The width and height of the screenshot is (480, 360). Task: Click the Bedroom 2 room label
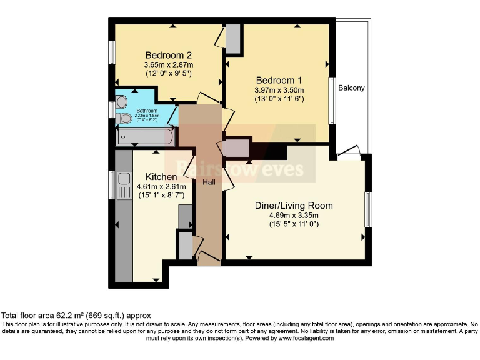pyautogui.click(x=168, y=54)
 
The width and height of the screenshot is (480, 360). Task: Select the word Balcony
pyautogui.click(x=351, y=88)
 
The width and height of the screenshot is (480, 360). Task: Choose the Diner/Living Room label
pyautogui.click(x=294, y=206)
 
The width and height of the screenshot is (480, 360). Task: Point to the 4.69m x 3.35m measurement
pyautogui.click(x=294, y=216)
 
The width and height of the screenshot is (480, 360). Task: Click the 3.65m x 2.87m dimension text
pyautogui.click(x=168, y=65)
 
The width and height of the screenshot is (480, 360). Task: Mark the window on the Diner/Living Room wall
pyautogui.click(x=368, y=211)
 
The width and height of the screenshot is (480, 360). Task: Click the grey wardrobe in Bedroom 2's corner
pyautogui.click(x=232, y=39)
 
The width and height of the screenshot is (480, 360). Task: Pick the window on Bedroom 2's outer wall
pyautogui.click(x=112, y=52)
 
